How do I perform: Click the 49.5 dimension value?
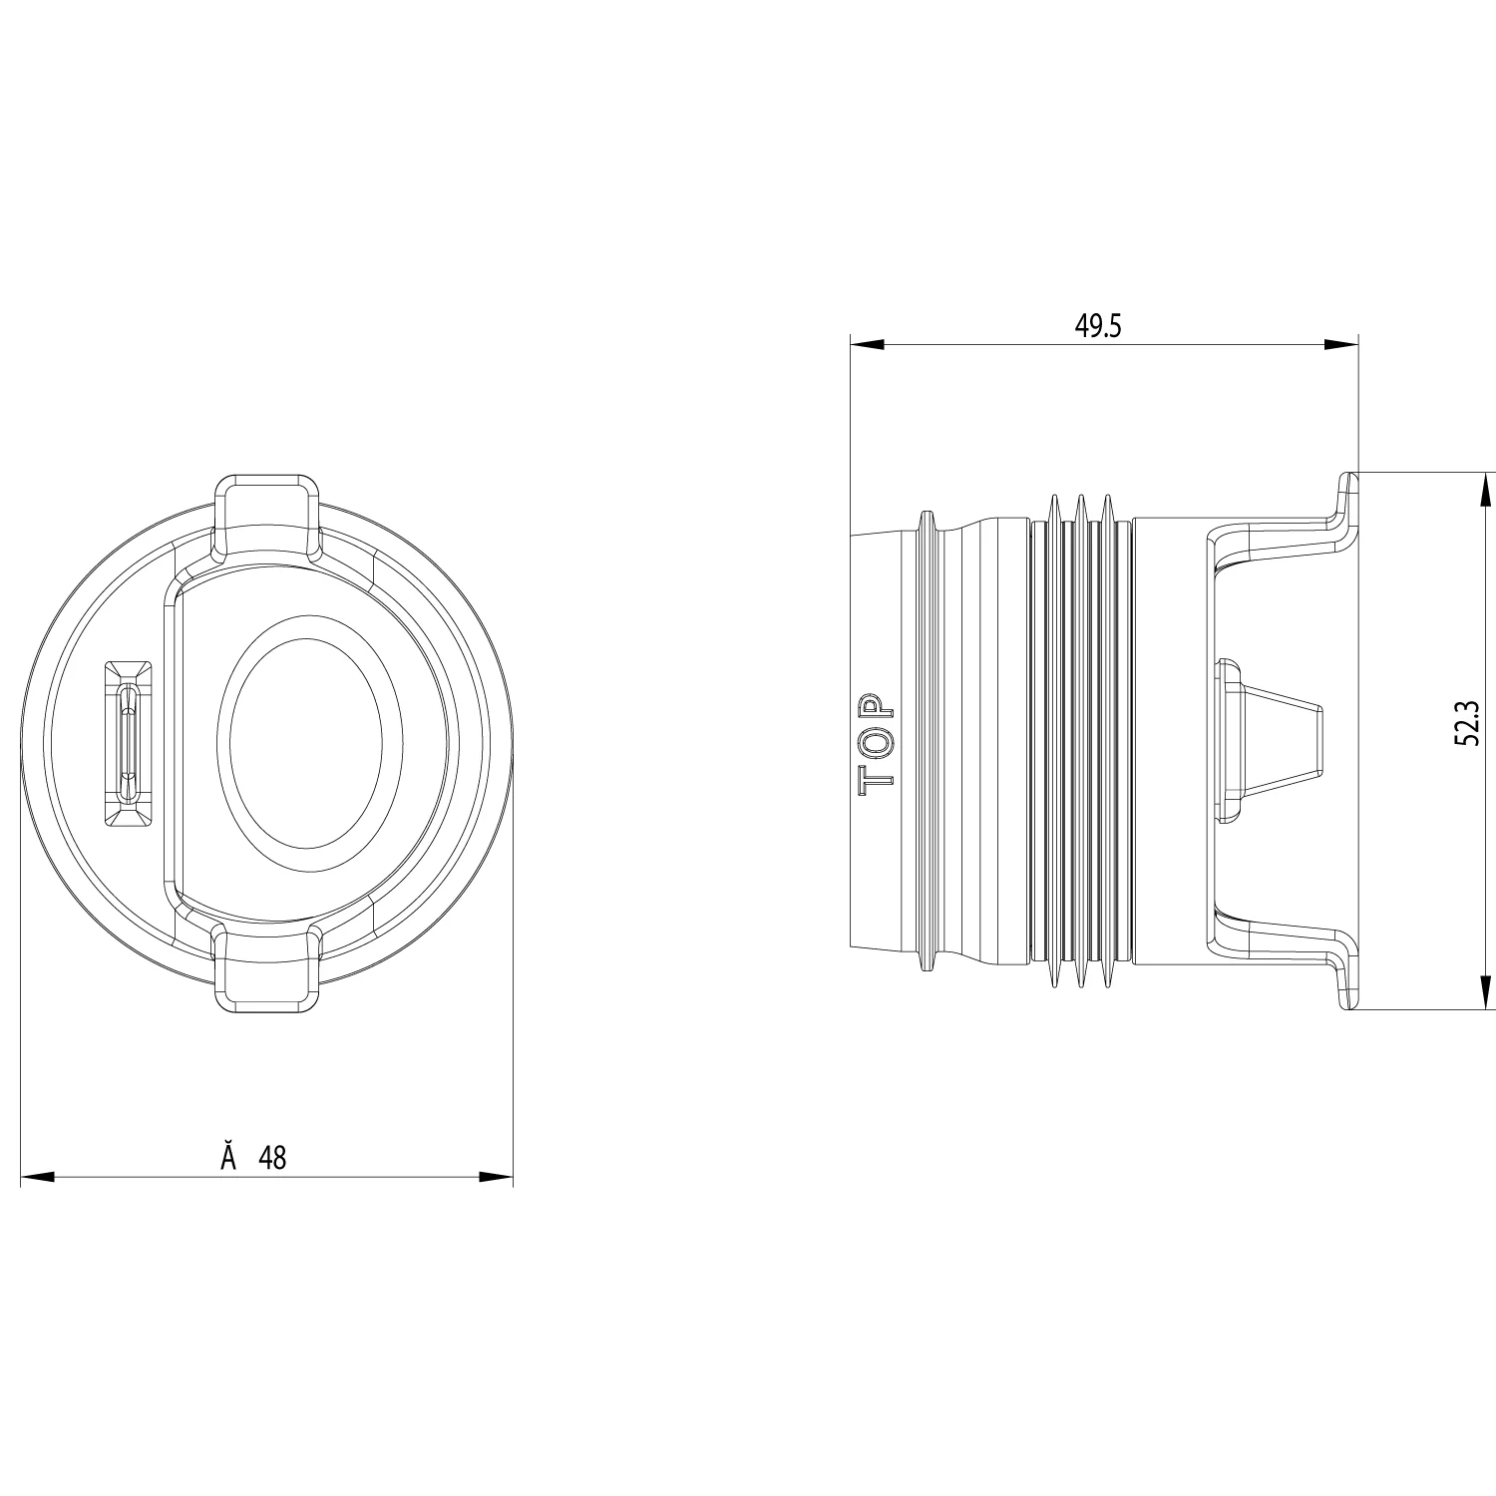pos(1098,326)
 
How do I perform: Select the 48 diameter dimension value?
pos(272,1157)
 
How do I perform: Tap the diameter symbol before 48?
pos(228,1157)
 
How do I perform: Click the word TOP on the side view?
pos(877,742)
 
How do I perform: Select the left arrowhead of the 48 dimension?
pos(37,1178)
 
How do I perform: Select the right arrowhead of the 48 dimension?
pos(496,1178)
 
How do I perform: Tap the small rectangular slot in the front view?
pos(129,742)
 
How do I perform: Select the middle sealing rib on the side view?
pos(1079,742)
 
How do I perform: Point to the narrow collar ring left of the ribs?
pos(927,742)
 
